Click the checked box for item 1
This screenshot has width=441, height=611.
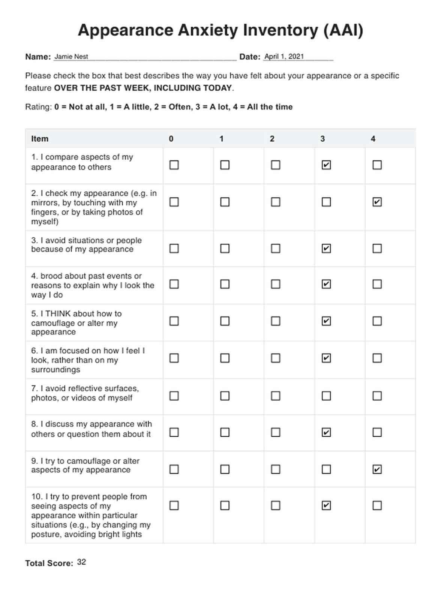point(326,165)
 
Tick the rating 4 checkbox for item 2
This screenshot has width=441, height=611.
point(377,202)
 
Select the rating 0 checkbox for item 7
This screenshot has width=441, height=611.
point(174,396)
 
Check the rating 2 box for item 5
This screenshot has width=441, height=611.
point(275,321)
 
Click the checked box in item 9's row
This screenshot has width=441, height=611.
point(377,469)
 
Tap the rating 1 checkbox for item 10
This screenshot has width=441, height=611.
point(225,506)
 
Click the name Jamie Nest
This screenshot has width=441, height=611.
point(71,57)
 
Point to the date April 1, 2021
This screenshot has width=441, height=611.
point(284,57)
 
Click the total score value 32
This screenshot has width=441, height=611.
point(81,562)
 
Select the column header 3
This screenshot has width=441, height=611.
point(322,139)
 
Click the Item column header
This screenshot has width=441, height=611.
point(40,139)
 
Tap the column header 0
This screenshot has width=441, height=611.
point(171,139)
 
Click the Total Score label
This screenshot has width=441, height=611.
point(49,563)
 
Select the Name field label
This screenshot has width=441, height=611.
point(38,57)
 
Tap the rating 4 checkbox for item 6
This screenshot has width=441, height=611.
point(377,358)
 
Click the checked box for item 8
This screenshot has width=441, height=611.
point(326,433)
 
